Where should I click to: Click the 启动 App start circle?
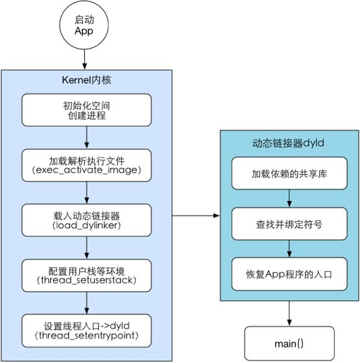coord(84,25)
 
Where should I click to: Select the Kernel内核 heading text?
coord(86,80)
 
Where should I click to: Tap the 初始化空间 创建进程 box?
coord(87,110)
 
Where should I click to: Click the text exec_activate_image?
coord(87,170)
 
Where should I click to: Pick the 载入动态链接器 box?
coord(87,220)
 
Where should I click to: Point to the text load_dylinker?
coord(87,226)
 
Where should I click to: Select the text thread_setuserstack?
coord(86,280)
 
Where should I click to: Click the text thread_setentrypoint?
coord(87,336)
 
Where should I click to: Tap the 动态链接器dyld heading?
coord(288,143)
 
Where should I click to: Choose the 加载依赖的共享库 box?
coord(289,173)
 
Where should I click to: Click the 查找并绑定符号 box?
coord(289,224)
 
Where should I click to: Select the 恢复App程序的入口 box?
coord(289,274)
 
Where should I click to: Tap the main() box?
coord(289,344)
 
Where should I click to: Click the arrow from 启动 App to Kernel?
coord(84,60)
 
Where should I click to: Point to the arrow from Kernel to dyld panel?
coord(196,216)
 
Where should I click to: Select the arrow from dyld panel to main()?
coord(289,314)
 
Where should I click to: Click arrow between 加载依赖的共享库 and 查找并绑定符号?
coord(289,198)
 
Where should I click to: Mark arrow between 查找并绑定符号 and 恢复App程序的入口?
coord(289,249)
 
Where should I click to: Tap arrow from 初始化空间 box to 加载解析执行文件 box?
coord(87,137)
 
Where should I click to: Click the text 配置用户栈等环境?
coord(86,271)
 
